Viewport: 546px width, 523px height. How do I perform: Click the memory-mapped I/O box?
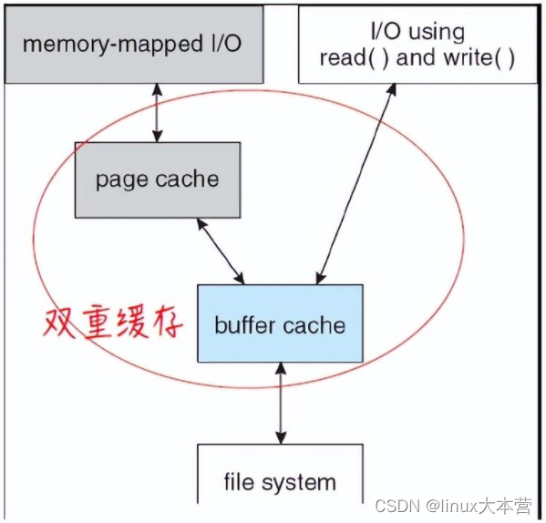[132, 44]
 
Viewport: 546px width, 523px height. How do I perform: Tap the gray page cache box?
[157, 179]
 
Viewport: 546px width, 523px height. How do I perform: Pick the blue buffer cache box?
[280, 323]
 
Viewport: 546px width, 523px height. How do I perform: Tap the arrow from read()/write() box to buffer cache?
[356, 182]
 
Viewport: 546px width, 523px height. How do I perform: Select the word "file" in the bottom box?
[241, 481]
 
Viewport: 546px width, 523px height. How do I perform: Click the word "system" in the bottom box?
[302, 482]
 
